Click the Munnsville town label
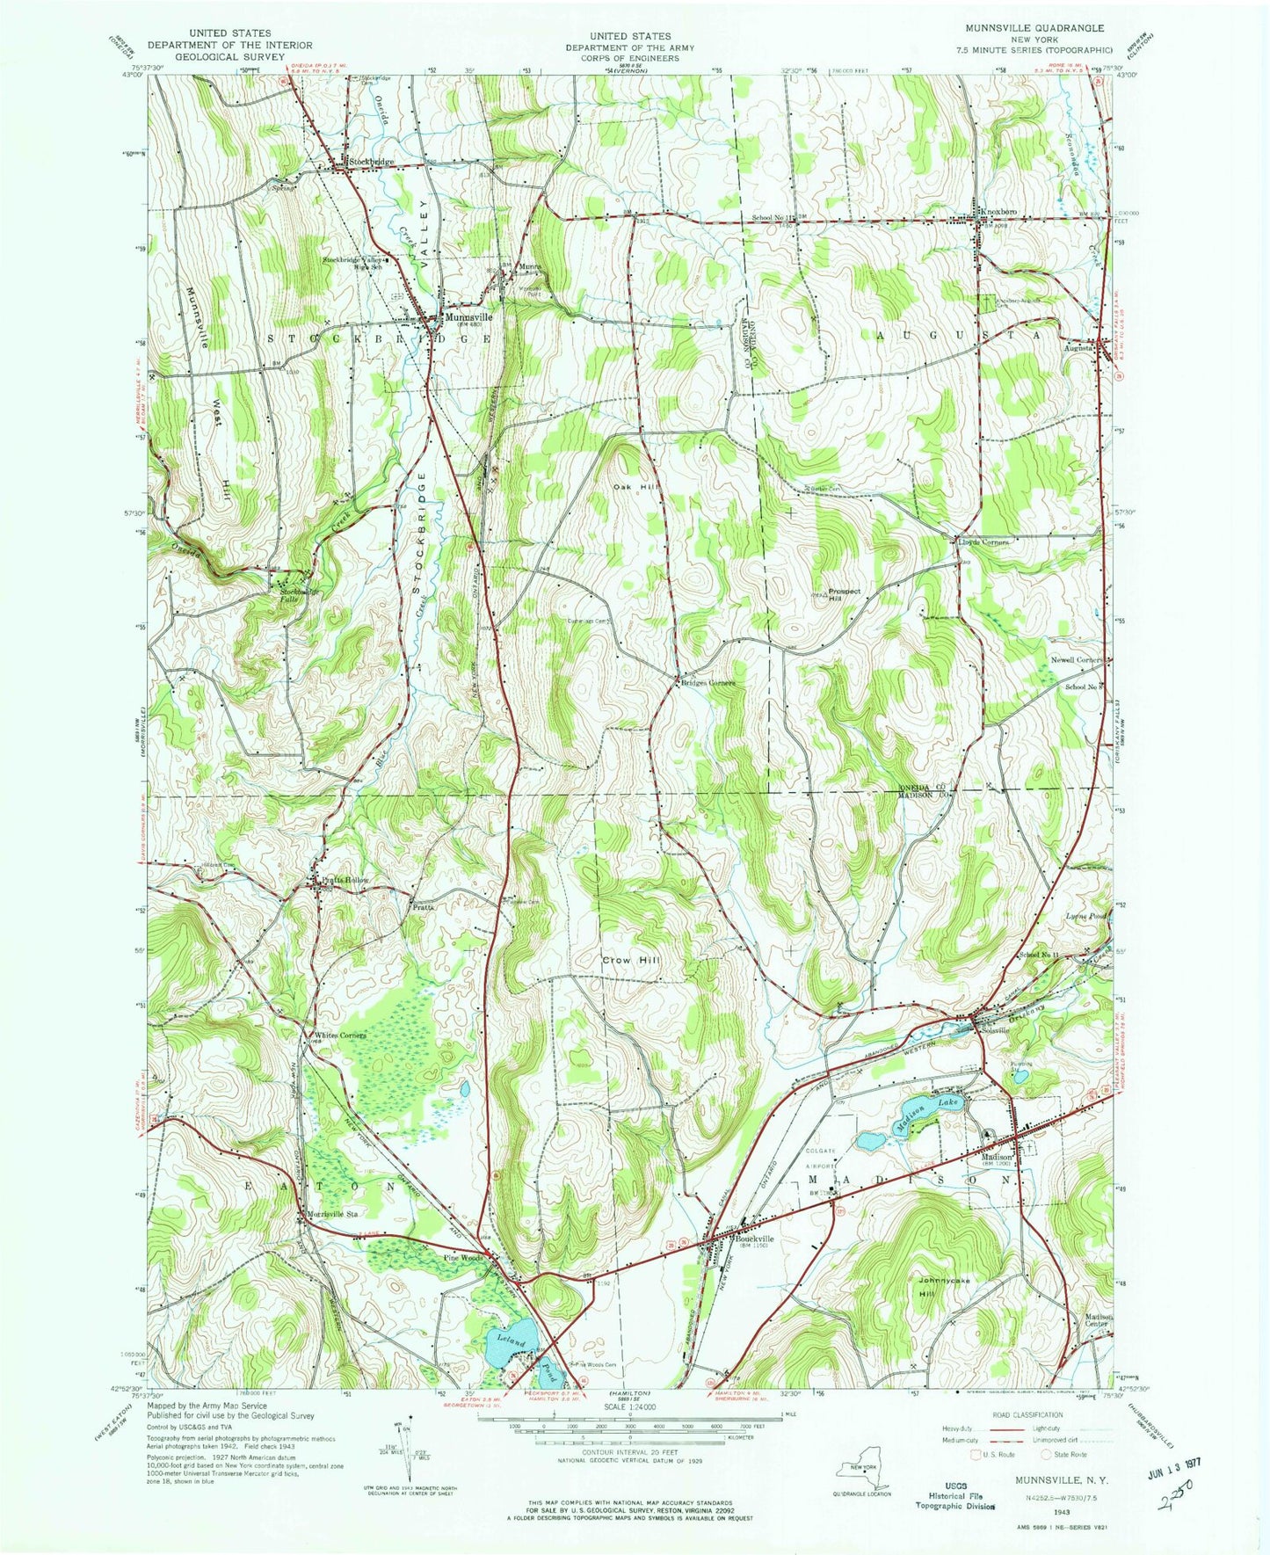tap(469, 317)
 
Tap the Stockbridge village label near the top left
tap(370, 163)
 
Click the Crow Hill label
tap(629, 961)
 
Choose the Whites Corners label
tap(340, 1035)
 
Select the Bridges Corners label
tap(708, 682)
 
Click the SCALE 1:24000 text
tap(629, 1407)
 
